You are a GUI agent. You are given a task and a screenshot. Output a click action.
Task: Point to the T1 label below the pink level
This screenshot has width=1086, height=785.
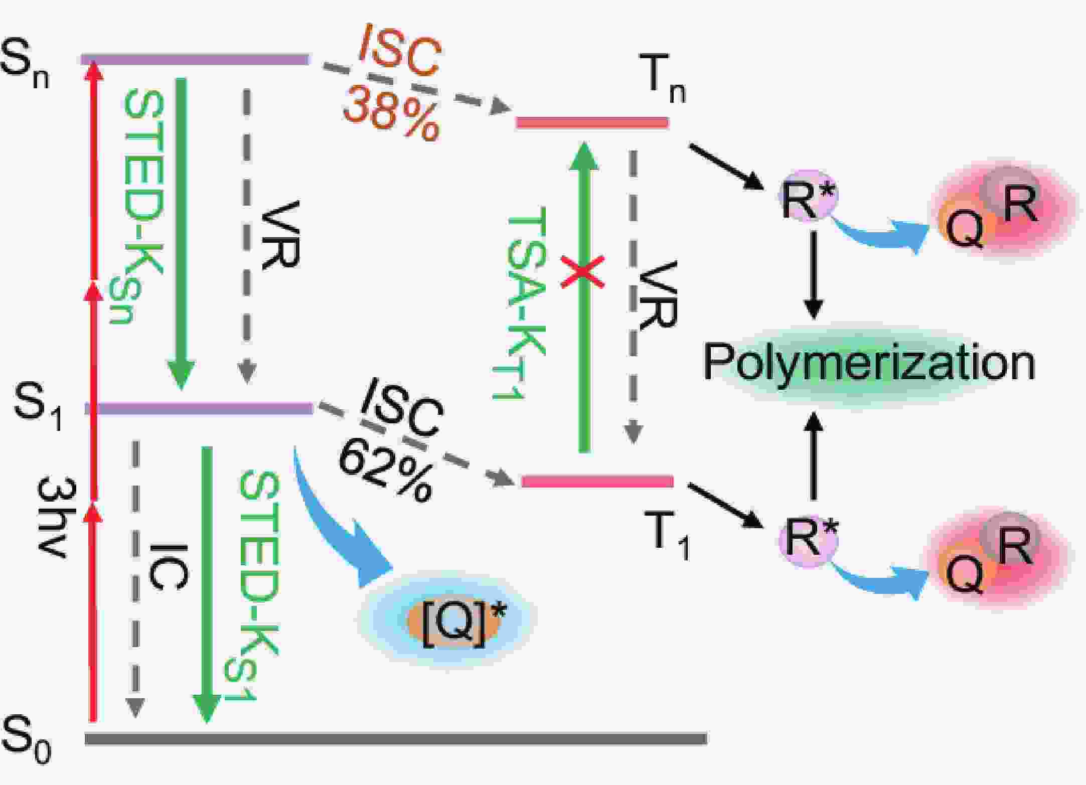[x=669, y=535]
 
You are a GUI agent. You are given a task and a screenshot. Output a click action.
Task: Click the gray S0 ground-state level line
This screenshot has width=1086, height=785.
[x=396, y=738]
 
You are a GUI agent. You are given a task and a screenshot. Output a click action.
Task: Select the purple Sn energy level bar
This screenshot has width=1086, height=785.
[x=195, y=60]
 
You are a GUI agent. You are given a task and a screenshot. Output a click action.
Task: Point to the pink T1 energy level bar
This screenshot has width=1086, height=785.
[x=597, y=482]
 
